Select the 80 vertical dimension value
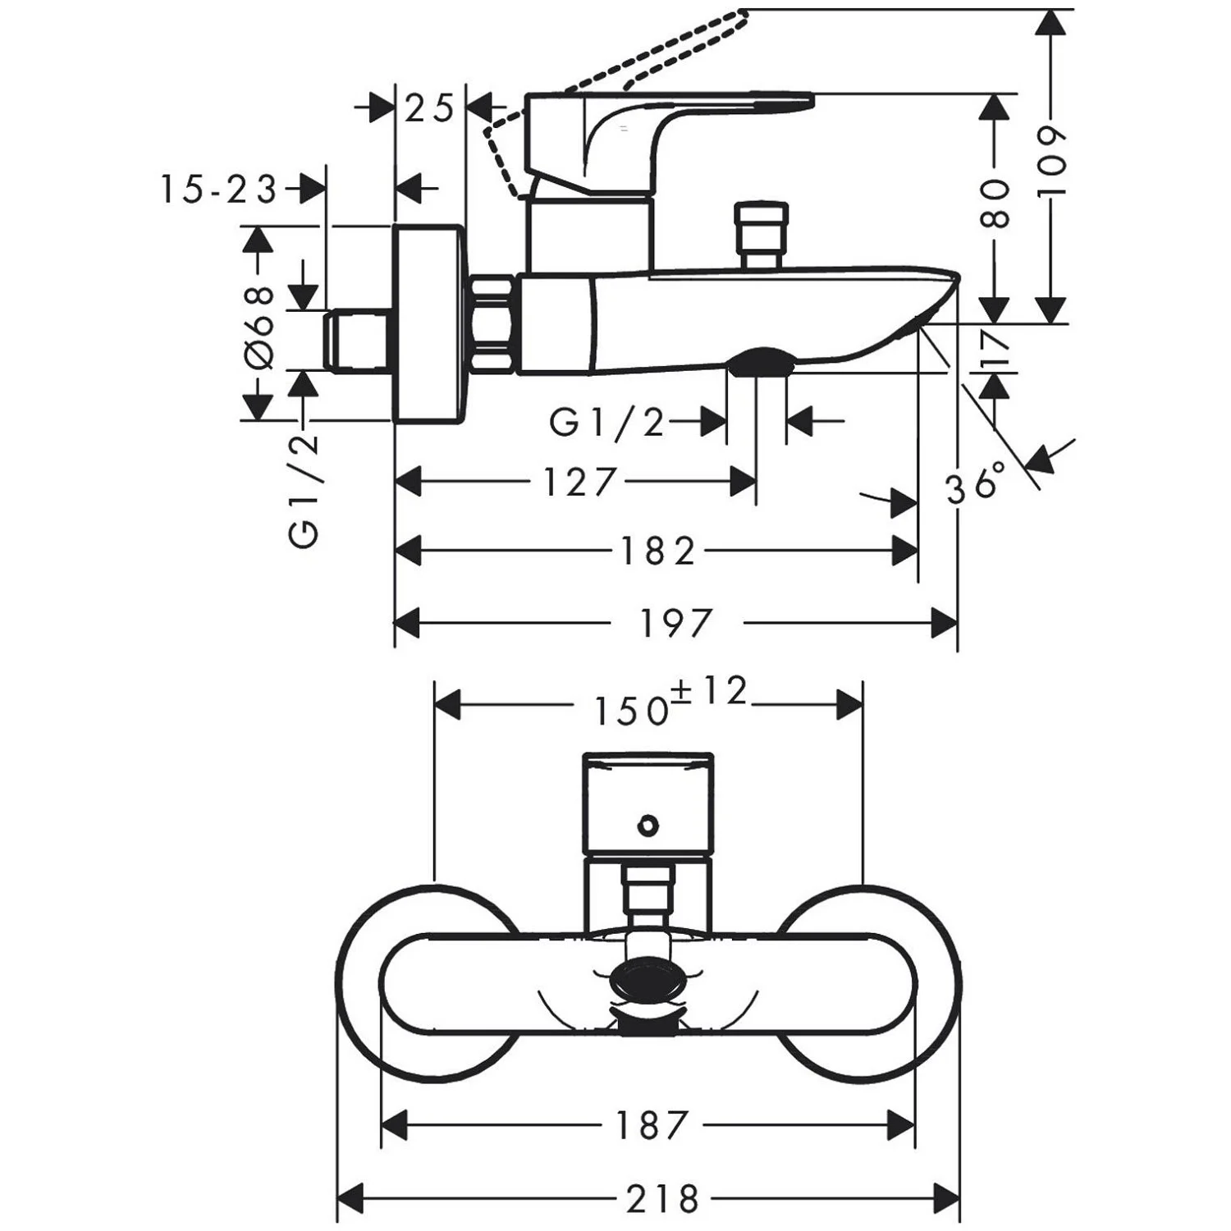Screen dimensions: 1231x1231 [994, 204]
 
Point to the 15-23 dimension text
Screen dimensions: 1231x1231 [218, 190]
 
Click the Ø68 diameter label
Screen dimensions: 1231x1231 [259, 327]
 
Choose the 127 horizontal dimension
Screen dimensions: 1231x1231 [579, 482]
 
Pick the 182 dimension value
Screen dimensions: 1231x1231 [657, 551]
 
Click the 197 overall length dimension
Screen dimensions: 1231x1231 [676, 623]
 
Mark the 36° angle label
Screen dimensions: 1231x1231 [976, 483]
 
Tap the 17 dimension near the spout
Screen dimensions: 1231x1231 [995, 348]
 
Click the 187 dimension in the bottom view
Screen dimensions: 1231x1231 [651, 1125]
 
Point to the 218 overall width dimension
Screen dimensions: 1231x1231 [663, 1199]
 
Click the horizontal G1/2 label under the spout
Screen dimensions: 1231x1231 [606, 423]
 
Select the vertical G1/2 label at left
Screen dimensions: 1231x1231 [304, 491]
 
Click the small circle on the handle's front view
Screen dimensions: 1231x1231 [648, 825]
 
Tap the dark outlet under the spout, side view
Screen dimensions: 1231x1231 [761, 359]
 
